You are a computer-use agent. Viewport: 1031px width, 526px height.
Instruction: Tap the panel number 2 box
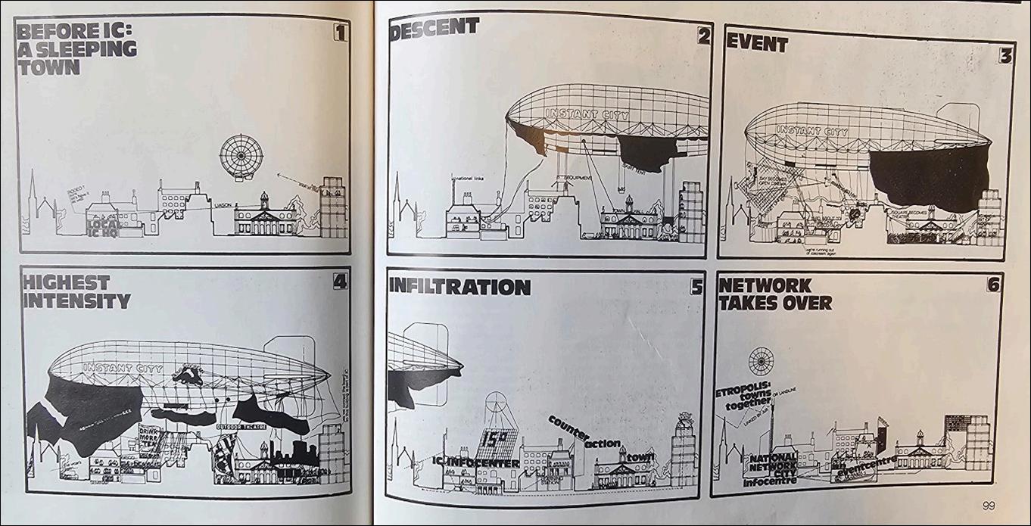tap(703, 36)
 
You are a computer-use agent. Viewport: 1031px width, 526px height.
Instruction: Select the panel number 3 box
tap(1005, 56)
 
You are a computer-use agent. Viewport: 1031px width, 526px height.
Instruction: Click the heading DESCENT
tap(434, 27)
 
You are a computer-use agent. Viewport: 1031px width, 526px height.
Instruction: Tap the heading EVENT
tap(757, 44)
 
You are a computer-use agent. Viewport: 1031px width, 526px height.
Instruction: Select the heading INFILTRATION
tap(459, 287)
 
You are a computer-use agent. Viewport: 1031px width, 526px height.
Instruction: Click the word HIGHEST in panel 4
tap(66, 282)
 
